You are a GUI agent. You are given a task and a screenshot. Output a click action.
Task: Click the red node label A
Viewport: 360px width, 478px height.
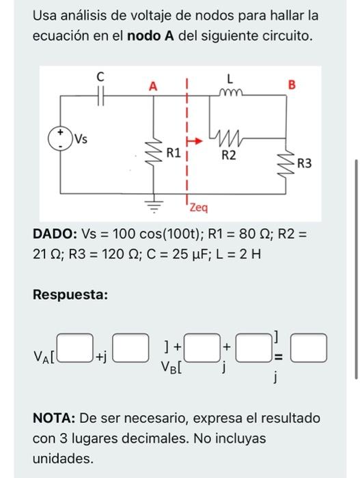(x=153, y=86)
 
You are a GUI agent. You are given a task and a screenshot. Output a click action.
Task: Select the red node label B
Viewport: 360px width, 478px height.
(x=292, y=85)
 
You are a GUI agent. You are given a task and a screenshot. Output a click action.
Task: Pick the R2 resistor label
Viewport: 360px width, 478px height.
(x=229, y=156)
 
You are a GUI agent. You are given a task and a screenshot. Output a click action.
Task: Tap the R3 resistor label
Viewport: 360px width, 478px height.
(x=305, y=163)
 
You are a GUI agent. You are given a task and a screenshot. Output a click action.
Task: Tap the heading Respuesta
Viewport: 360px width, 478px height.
(x=70, y=294)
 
